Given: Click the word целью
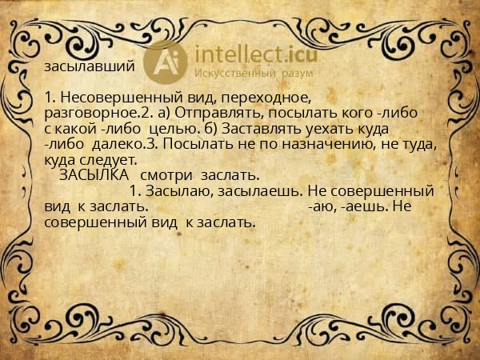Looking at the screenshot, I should coord(180,128).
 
